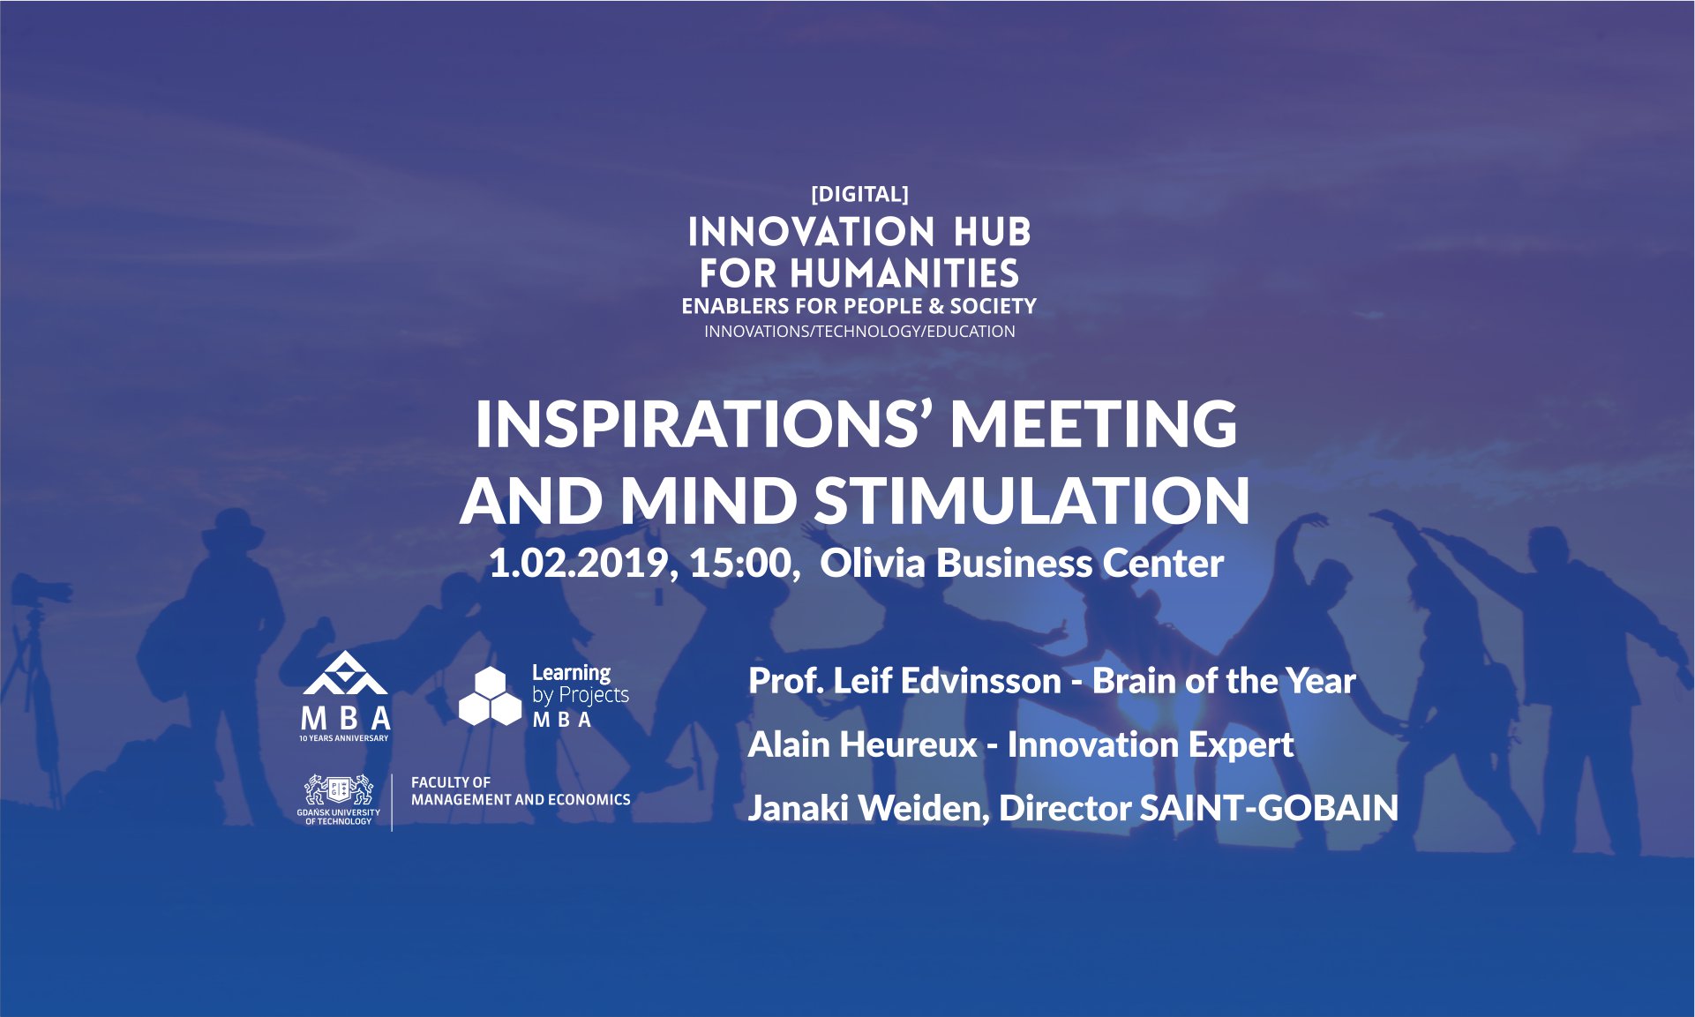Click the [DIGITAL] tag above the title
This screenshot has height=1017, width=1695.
pos(859,194)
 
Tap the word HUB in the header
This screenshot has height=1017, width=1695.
pos(992,232)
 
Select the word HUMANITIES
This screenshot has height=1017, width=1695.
pos(904,273)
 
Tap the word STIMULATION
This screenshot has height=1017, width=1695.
pos(1031,500)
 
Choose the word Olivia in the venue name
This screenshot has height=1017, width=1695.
pos(873,564)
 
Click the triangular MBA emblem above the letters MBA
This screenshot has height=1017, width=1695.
pos(345,673)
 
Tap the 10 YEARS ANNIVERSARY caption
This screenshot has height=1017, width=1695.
pos(344,738)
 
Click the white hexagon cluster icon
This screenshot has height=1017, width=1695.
pos(491,697)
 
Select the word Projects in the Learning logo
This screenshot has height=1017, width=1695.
pos(594,696)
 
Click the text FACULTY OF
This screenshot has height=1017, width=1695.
pos(451,782)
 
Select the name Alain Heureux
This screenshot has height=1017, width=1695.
pos(862,745)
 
